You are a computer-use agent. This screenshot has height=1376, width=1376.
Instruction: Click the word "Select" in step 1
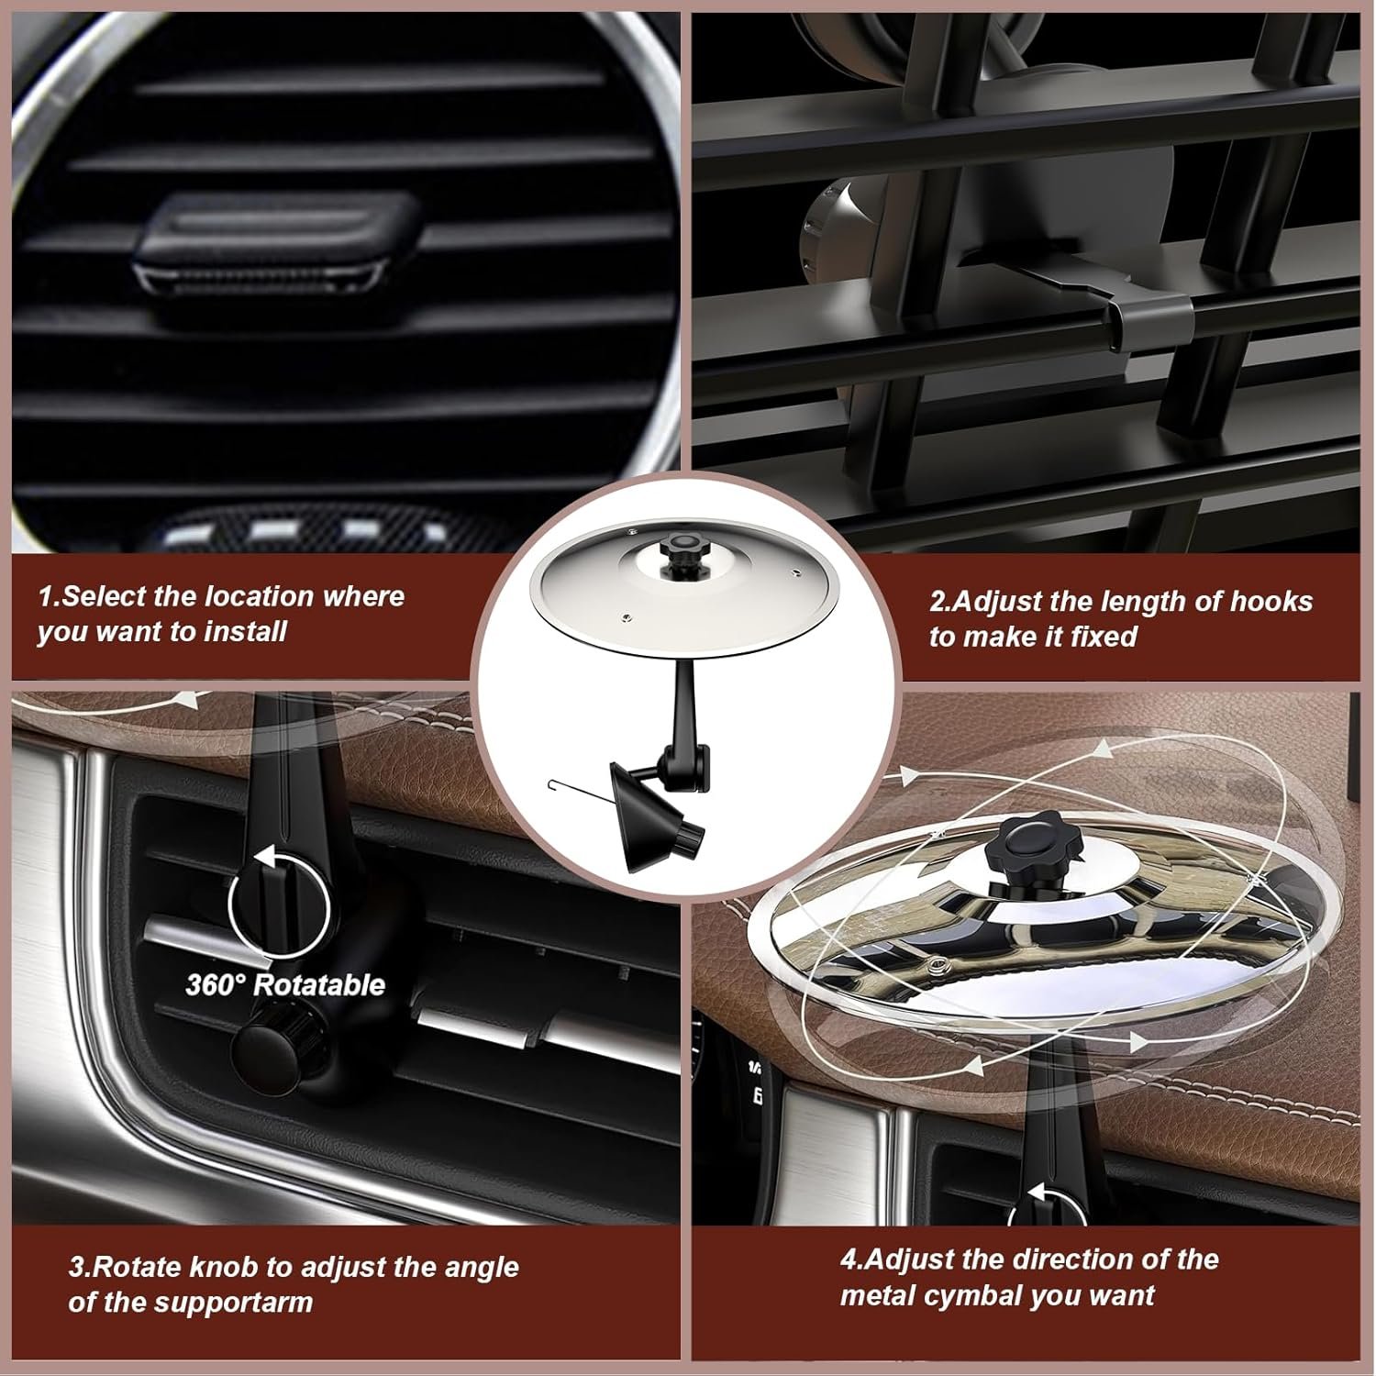(x=105, y=596)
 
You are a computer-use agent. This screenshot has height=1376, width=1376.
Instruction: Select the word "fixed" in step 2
(x=1104, y=637)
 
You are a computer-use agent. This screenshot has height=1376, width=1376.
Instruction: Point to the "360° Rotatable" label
(x=284, y=985)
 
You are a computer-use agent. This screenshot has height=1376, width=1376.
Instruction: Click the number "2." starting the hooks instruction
(x=942, y=602)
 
